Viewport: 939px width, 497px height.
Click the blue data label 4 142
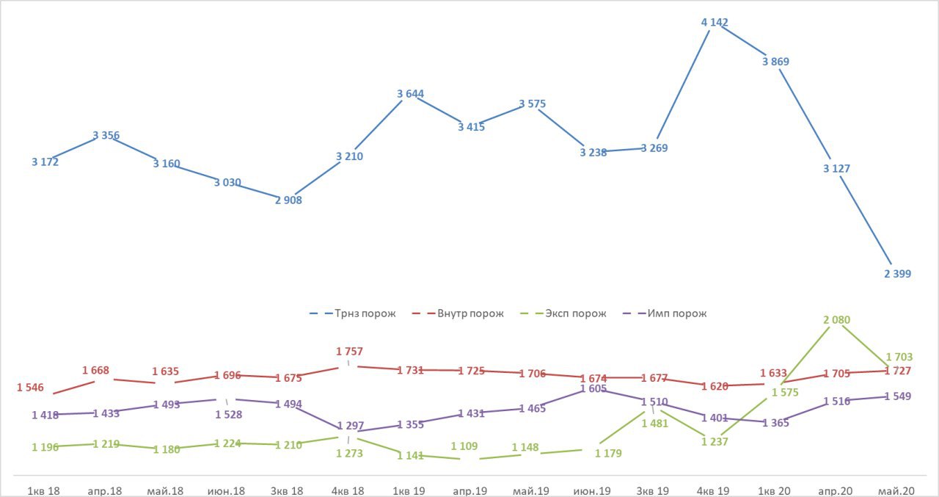[x=715, y=23]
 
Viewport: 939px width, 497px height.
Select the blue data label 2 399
[x=897, y=274]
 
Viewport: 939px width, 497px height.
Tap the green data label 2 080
[x=836, y=320]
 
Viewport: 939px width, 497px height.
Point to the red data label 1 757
[x=349, y=352]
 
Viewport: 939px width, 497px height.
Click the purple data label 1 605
[x=593, y=388]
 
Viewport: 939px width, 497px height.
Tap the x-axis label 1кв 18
[x=43, y=490]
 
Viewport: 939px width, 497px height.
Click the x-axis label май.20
[x=897, y=490]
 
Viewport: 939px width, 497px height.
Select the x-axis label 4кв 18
[x=349, y=490]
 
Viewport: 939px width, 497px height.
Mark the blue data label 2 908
[x=288, y=200]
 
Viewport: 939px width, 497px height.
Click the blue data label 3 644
[x=410, y=94]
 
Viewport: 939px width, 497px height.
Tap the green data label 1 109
[x=464, y=446]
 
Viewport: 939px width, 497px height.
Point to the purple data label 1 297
[x=349, y=426]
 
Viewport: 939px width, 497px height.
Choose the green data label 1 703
[x=899, y=358]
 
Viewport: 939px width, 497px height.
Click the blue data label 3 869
[x=775, y=62]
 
